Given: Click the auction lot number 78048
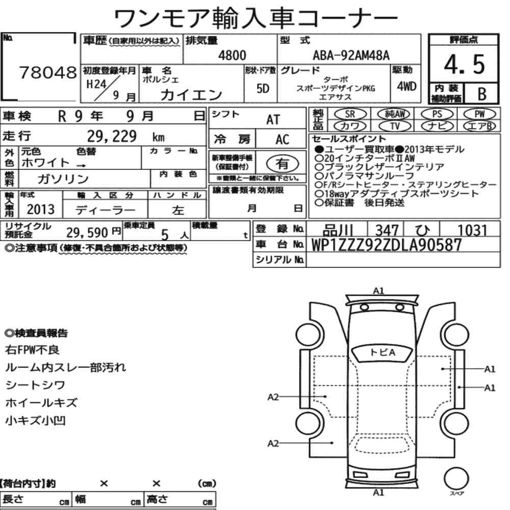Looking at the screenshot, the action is pyautogui.click(x=48, y=72).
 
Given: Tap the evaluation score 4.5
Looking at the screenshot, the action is pyautogui.click(x=464, y=64).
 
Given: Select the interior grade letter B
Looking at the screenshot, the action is pyautogui.click(x=482, y=94).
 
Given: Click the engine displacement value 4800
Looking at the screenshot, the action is pyautogui.click(x=232, y=55).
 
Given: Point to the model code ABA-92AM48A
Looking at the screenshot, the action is pyautogui.click(x=351, y=55).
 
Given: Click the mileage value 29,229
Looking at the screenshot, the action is pyautogui.click(x=112, y=136).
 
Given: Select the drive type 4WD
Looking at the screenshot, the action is pyautogui.click(x=406, y=86).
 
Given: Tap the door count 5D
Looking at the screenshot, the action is pyautogui.click(x=263, y=88).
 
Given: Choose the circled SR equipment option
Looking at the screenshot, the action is pyautogui.click(x=350, y=114).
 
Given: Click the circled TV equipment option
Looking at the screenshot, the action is pyautogui.click(x=395, y=126).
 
